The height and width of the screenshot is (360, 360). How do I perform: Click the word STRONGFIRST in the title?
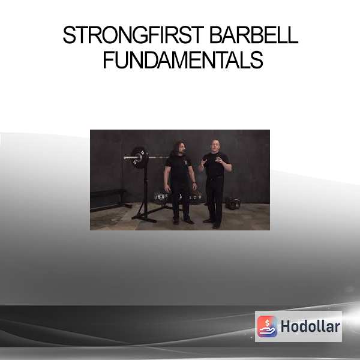(133, 35)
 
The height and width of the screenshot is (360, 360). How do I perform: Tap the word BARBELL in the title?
(254, 35)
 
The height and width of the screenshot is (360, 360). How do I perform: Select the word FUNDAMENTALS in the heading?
(183, 59)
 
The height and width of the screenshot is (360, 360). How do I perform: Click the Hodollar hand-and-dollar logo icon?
(267, 326)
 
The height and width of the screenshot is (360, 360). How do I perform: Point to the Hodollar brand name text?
(310, 326)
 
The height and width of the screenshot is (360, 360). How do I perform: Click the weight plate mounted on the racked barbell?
(139, 157)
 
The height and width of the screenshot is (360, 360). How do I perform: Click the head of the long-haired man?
(180, 149)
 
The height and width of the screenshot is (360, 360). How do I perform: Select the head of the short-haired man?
(215, 146)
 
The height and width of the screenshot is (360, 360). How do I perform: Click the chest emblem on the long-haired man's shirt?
(185, 163)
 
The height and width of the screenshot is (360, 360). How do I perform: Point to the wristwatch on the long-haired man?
(194, 183)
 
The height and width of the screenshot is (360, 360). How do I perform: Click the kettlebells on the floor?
(233, 203)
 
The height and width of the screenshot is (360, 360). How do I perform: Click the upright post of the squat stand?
(146, 191)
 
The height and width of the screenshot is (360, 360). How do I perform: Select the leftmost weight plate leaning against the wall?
(161, 197)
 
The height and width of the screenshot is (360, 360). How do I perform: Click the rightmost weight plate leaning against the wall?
(196, 197)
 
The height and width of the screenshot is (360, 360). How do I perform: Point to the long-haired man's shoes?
(183, 221)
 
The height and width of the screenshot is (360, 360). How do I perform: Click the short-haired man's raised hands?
(211, 161)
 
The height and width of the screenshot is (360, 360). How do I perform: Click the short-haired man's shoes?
(212, 223)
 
